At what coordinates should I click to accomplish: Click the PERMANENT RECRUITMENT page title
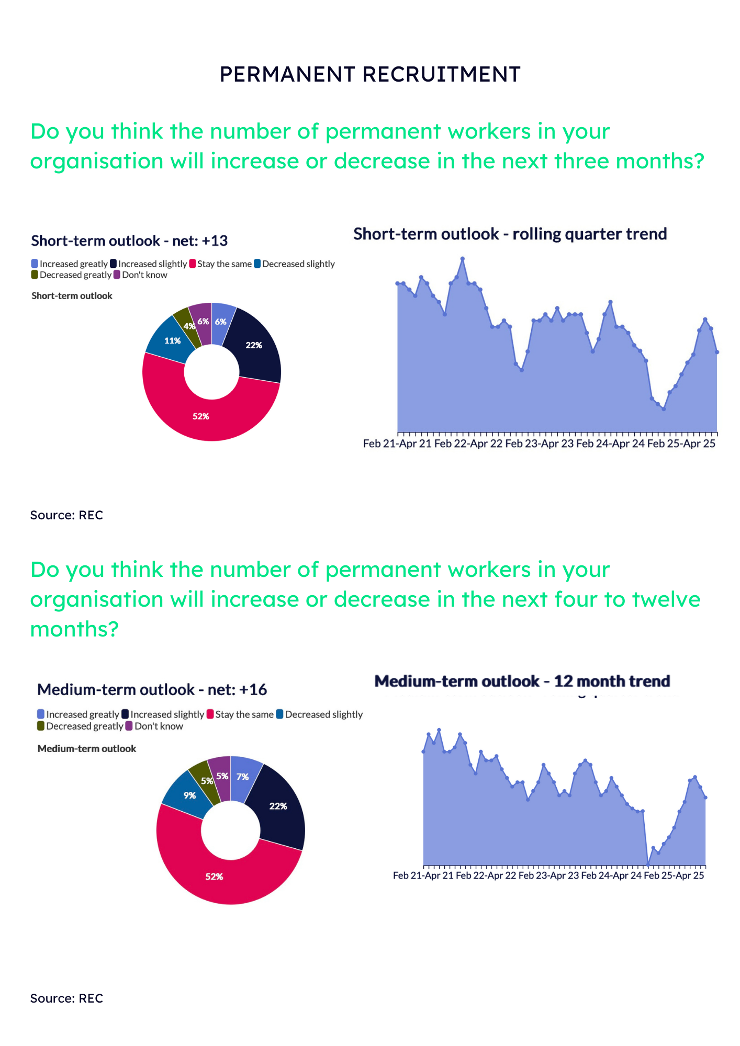[x=370, y=74]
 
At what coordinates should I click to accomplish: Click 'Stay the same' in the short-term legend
[x=224, y=264]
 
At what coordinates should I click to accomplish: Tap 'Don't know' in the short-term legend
[x=144, y=275]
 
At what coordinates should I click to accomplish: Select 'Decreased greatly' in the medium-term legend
[x=84, y=726]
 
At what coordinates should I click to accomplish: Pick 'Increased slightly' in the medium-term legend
[x=166, y=714]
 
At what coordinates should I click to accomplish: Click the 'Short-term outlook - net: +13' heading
[x=129, y=241]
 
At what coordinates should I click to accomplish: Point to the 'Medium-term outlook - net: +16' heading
[x=152, y=690]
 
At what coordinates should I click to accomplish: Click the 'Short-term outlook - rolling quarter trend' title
[x=510, y=234]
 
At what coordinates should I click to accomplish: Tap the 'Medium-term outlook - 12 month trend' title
[x=522, y=681]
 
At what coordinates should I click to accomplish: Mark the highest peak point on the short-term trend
[x=462, y=258]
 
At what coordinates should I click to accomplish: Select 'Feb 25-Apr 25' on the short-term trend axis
[x=681, y=444]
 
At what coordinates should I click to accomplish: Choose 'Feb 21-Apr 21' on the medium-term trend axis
[x=423, y=876]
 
